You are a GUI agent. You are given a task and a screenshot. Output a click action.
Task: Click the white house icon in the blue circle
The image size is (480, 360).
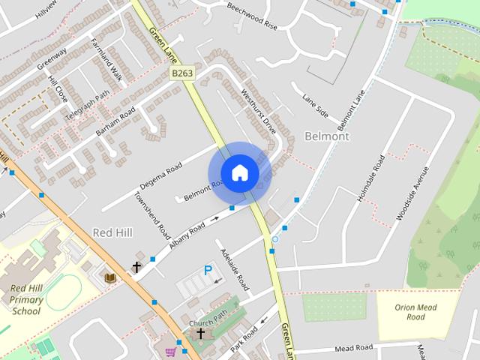coord(239,172)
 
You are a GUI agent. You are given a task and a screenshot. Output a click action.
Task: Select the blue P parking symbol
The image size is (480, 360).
coord(208,270)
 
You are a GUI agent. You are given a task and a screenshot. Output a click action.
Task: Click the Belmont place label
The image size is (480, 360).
coord(328,136)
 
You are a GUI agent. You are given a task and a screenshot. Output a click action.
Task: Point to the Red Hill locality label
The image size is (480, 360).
coord(112,232)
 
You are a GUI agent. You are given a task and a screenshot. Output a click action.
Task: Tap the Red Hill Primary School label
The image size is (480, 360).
coord(26,299)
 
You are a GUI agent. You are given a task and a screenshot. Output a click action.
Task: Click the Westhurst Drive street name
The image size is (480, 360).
coord(259,112)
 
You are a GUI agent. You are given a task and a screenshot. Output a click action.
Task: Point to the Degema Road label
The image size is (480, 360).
coord(160,176)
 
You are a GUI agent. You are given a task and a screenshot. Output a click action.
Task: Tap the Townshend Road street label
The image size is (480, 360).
coord(151,215)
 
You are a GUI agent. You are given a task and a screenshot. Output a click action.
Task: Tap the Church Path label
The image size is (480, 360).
coord(207,323)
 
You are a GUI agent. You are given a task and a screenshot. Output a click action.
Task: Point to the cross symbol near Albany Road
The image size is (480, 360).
coord(136,267)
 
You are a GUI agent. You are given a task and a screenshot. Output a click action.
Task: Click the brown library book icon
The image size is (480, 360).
coord(111,277)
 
